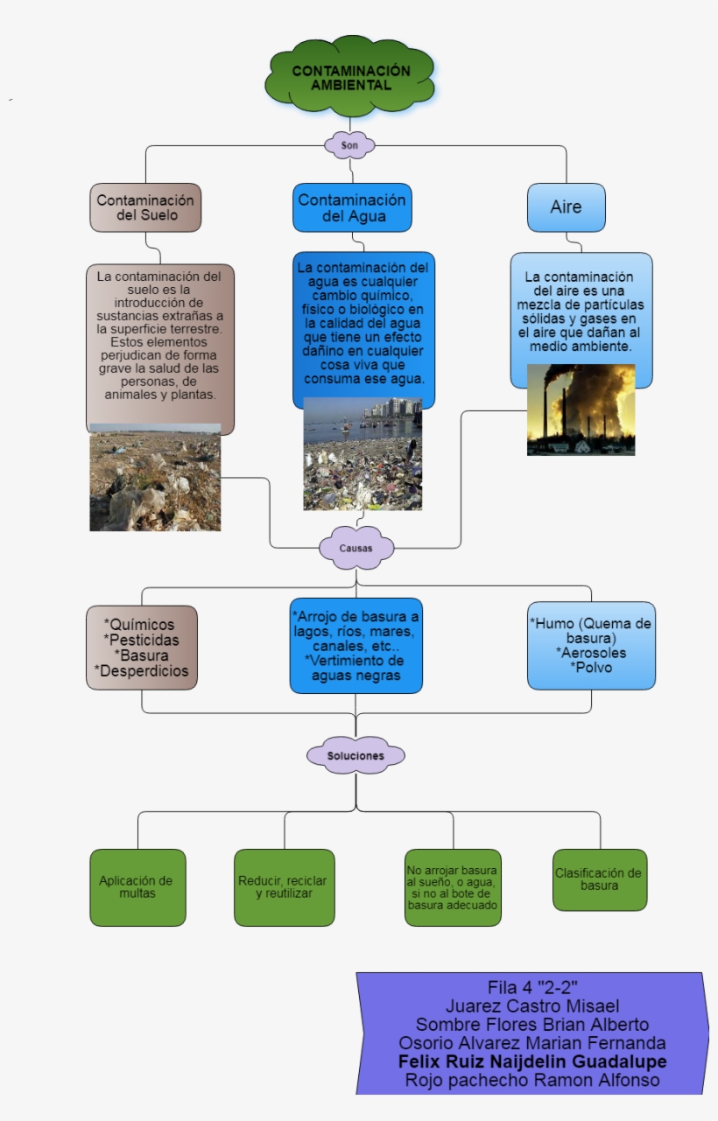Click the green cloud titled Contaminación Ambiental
click(x=350, y=78)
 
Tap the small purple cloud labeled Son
click(x=349, y=144)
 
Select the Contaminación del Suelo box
click(x=145, y=207)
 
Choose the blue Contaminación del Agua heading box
click(x=352, y=207)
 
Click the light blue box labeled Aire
click(x=566, y=207)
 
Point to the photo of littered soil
click(x=155, y=478)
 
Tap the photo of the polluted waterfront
click(x=363, y=454)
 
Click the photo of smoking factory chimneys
click(x=581, y=410)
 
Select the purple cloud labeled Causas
click(x=355, y=549)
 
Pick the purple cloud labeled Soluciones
click(x=355, y=754)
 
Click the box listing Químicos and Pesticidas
click(x=142, y=648)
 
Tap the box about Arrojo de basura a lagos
click(x=355, y=646)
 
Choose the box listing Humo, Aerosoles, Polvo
click(x=591, y=646)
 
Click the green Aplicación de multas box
click(x=137, y=887)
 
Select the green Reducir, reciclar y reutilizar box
click(x=284, y=887)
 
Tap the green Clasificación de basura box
click(x=599, y=879)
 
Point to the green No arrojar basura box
click(x=453, y=887)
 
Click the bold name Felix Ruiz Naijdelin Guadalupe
click(x=532, y=1061)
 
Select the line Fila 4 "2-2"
click(x=532, y=986)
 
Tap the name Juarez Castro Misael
click(x=532, y=1005)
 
